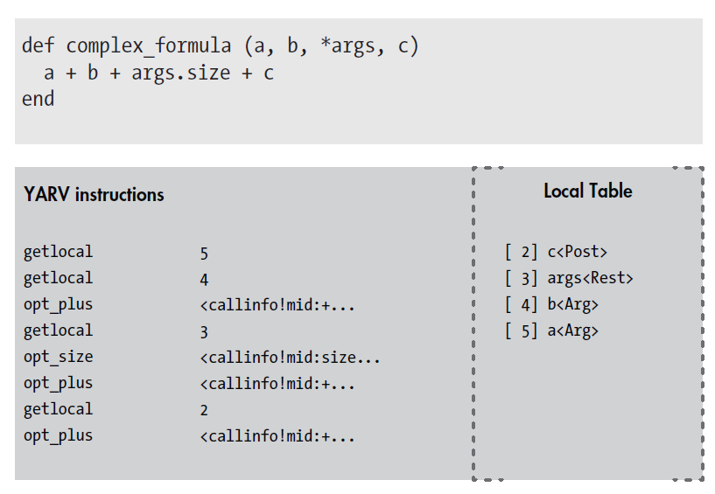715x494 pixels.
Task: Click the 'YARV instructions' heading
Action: (x=94, y=195)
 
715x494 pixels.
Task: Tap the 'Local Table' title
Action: (x=588, y=191)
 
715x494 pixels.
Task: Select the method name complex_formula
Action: (x=149, y=46)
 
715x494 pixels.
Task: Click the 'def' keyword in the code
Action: (x=38, y=45)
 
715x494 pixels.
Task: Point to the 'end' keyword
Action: (x=38, y=99)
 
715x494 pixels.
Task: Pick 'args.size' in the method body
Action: (x=181, y=73)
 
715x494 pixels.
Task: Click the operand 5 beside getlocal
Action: (x=204, y=254)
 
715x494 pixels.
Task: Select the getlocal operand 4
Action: (x=204, y=280)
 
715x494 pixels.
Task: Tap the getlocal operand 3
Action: (x=204, y=332)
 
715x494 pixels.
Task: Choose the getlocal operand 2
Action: (x=204, y=410)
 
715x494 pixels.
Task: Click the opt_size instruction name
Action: (x=59, y=357)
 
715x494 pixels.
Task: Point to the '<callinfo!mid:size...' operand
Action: (x=290, y=358)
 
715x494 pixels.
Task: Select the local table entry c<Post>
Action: (x=578, y=252)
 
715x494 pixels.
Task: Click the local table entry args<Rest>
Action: (x=590, y=278)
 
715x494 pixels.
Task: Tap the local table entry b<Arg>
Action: (x=572, y=304)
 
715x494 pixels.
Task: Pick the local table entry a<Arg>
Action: (x=572, y=330)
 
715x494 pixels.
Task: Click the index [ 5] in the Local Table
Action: (x=522, y=330)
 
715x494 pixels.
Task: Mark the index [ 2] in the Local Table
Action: (x=522, y=252)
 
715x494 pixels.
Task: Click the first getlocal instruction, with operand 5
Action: (x=59, y=252)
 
